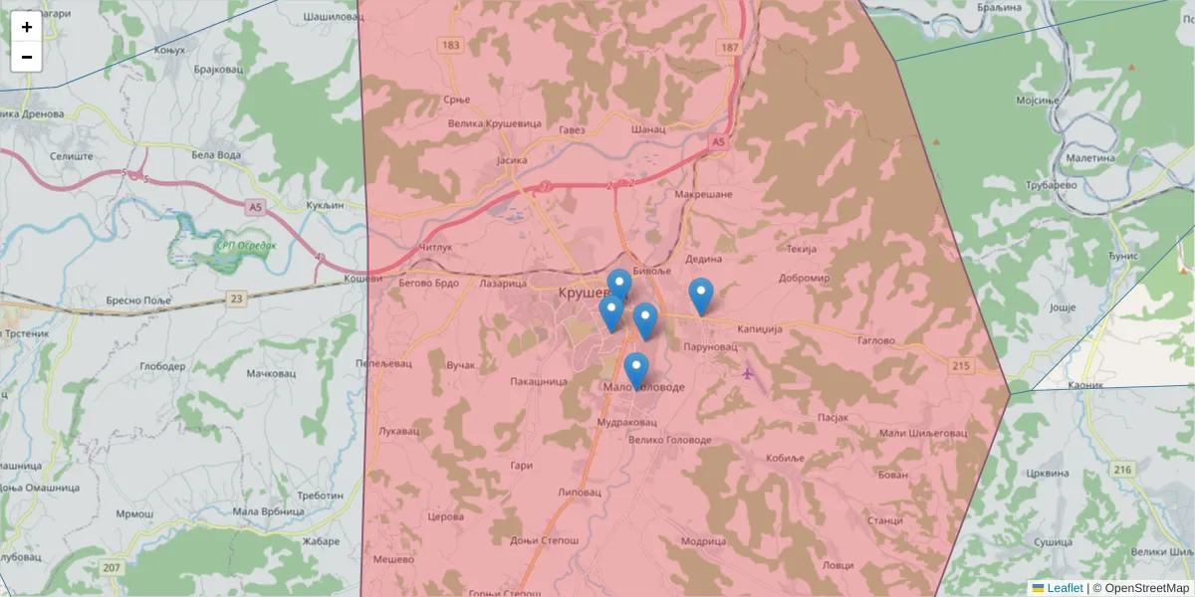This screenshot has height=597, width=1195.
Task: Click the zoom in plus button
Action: [27, 27]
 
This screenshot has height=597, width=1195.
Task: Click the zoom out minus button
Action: [27, 57]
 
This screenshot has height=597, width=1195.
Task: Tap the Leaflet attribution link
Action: [1065, 588]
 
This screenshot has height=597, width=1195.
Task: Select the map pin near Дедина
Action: [701, 296]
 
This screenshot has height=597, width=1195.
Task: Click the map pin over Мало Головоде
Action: [636, 370]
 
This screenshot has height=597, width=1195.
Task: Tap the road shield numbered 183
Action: [452, 46]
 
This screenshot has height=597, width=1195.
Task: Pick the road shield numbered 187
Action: [731, 48]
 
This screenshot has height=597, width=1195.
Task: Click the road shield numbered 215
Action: [961, 366]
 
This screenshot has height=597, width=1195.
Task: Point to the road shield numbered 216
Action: [1123, 469]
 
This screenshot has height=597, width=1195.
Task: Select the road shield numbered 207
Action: [112, 567]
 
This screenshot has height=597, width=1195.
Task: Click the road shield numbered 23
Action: [235, 298]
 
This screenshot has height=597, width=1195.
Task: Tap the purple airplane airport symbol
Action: [748, 373]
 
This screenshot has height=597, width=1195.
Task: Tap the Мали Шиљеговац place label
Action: [923, 433]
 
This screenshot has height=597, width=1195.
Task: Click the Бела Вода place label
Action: [215, 155]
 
